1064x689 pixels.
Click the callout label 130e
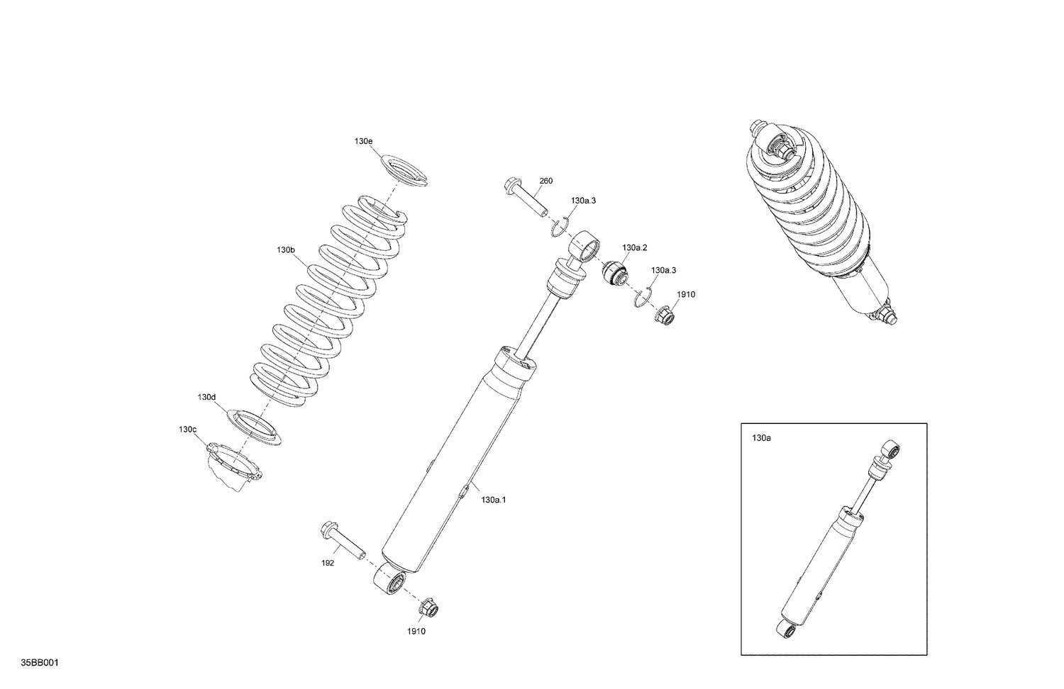[363, 141]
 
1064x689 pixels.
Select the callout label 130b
[286, 250]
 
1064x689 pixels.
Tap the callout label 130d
[206, 397]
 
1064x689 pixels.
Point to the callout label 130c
[187, 430]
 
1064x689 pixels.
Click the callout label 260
[545, 181]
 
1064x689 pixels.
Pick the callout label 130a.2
[635, 247]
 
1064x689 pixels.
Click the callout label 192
[327, 564]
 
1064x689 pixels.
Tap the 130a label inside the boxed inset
[761, 439]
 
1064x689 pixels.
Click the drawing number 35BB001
[39, 663]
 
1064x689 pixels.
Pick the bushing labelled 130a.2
[614, 272]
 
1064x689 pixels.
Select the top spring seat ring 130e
[406, 170]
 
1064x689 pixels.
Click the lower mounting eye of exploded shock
[390, 582]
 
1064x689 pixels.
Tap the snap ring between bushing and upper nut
[643, 298]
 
